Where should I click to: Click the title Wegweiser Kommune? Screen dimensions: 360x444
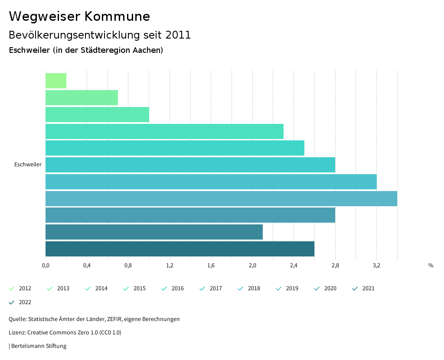click(79, 16)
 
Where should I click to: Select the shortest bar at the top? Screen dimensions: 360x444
click(56, 81)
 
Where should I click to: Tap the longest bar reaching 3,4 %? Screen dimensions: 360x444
click(221, 198)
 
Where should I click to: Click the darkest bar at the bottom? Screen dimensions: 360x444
click(180, 249)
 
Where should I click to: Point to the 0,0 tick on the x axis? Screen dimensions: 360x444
click(46, 266)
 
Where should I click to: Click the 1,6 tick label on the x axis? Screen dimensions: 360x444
click(211, 266)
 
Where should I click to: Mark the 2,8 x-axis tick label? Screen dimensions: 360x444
click(335, 266)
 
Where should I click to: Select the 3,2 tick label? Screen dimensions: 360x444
click(376, 266)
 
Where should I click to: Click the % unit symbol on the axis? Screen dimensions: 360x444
click(431, 266)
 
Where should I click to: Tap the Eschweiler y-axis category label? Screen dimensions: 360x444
click(28, 165)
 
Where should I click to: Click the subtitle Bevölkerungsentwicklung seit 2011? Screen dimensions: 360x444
click(100, 35)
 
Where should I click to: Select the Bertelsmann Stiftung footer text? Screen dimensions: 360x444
click(39, 346)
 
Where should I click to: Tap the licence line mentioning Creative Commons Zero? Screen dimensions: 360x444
click(65, 333)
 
